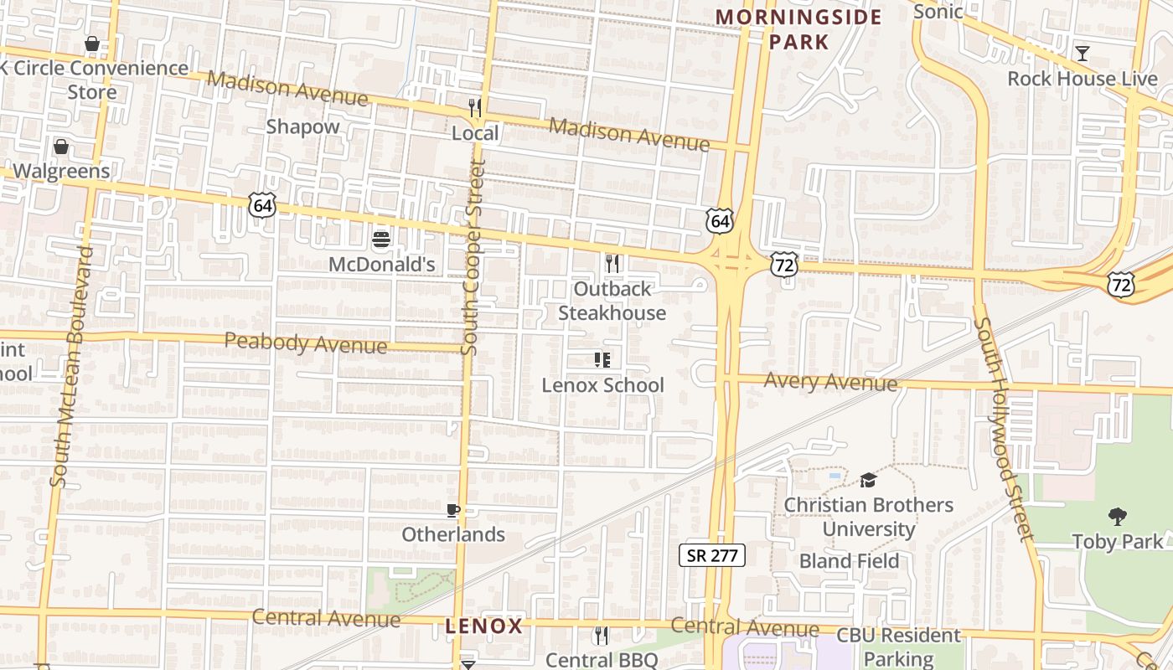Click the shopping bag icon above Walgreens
(x=61, y=147)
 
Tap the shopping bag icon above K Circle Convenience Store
(x=92, y=44)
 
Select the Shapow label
(x=302, y=126)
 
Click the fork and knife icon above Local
(x=474, y=108)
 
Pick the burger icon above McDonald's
(x=381, y=240)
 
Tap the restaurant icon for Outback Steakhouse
(x=612, y=264)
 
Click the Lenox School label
(x=602, y=385)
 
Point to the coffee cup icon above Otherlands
(x=453, y=510)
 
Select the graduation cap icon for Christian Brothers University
(x=868, y=481)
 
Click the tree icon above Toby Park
(x=1117, y=517)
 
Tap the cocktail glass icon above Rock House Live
(x=1083, y=54)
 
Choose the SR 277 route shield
(x=711, y=555)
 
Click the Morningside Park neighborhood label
(x=798, y=29)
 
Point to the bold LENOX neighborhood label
(x=484, y=626)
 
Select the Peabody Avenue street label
(x=307, y=343)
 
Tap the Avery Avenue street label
(x=830, y=383)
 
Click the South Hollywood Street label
(x=1001, y=428)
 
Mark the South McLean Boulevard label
(x=73, y=367)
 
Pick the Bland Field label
(x=849, y=561)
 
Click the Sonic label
(x=938, y=11)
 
